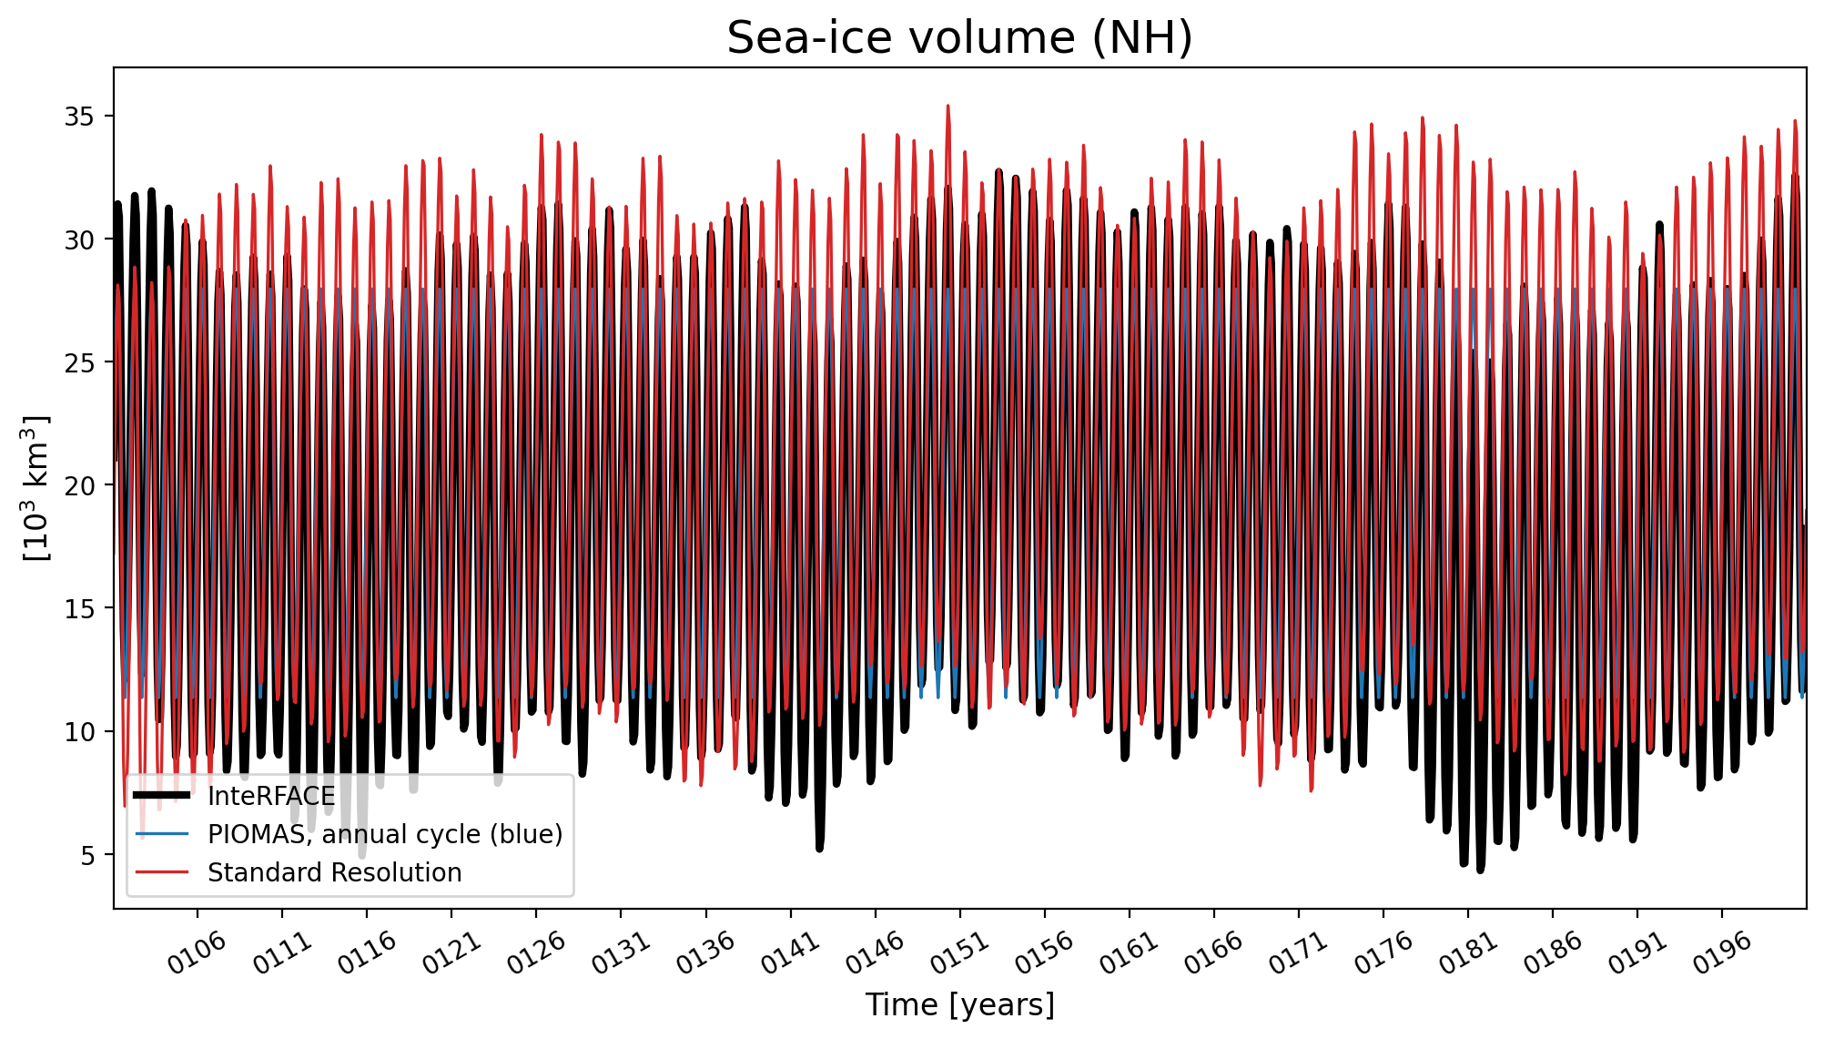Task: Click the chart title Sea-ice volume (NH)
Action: click(x=959, y=38)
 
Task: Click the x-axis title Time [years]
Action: click(x=959, y=1005)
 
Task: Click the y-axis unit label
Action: click(x=36, y=488)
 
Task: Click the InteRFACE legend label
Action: click(x=271, y=797)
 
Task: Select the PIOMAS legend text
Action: click(x=385, y=835)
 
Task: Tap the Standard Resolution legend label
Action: click(x=335, y=873)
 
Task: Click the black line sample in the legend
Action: click(x=162, y=796)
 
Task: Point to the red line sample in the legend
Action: click(x=162, y=872)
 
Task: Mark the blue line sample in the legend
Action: click(x=162, y=834)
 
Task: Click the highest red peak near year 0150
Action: click(x=947, y=107)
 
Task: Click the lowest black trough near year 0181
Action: click(x=1480, y=870)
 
